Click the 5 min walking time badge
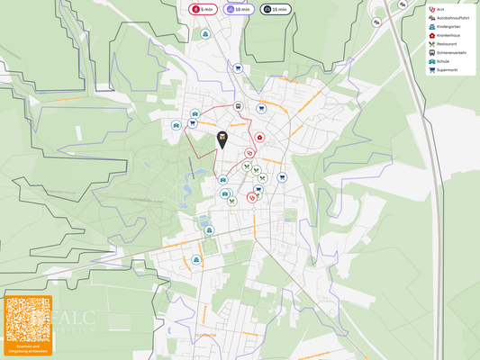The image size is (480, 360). (x=203, y=9)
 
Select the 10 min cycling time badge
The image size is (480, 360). (x=239, y=9)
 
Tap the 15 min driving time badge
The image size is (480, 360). (x=276, y=9)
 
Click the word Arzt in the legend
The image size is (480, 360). (x=440, y=10)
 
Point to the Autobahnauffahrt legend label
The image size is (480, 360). (x=451, y=18)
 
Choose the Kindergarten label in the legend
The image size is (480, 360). (x=448, y=27)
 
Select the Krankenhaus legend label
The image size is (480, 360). (x=448, y=35)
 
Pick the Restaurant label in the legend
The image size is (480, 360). (x=448, y=44)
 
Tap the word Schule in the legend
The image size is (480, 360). (x=443, y=61)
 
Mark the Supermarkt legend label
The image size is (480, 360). (x=448, y=69)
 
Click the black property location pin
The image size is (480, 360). (x=222, y=139)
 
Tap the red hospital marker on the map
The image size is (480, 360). (x=259, y=138)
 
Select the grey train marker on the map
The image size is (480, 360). (x=239, y=106)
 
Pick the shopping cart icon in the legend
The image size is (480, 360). (x=432, y=69)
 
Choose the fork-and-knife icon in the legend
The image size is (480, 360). (x=432, y=44)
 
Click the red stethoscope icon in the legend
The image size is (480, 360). (x=432, y=10)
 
